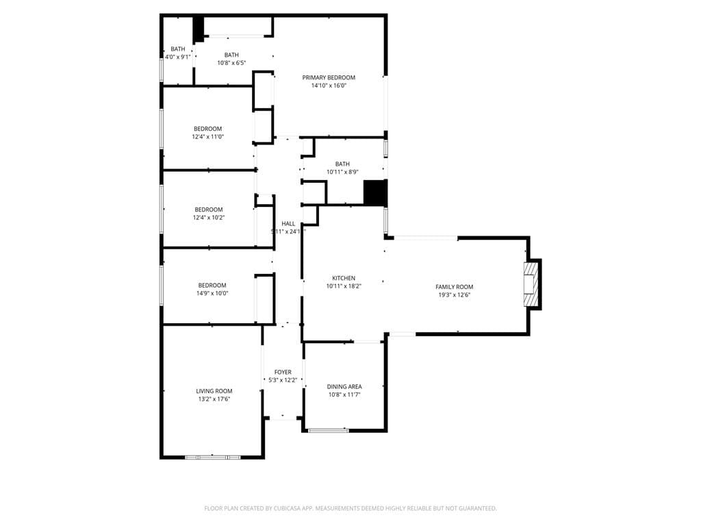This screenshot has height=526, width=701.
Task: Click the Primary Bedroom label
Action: coord(329,77)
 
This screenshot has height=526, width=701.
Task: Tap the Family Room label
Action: coord(454,287)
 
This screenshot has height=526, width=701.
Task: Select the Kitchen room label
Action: coord(344,278)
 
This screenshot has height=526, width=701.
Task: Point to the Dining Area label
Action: coord(344,386)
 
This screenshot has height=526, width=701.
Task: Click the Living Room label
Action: coord(214,391)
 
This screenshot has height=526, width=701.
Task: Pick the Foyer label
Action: coord(283,372)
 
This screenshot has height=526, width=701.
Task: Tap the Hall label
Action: coord(288,223)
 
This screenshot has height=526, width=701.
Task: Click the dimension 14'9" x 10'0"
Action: coord(212,293)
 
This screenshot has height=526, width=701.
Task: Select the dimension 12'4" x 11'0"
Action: coord(207,137)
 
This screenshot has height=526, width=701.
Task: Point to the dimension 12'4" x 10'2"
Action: coord(208,218)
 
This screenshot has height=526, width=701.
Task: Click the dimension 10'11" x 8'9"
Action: coord(342,172)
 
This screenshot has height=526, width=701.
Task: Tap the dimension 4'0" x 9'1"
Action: coord(178,57)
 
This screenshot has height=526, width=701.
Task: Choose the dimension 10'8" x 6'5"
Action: coord(231,63)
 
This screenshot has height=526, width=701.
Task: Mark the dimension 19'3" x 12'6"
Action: coord(454,295)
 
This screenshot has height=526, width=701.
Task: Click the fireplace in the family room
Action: coord(531,284)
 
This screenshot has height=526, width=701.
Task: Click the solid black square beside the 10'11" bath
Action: coord(375,192)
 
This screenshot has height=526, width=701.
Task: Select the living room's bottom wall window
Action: coord(212,456)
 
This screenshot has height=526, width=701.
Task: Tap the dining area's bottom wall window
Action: coord(328,430)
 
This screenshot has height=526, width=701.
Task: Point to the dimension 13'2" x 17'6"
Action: coord(214,399)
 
